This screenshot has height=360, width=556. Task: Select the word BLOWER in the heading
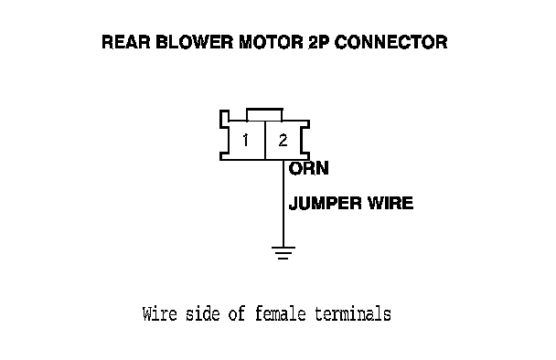pos(194,42)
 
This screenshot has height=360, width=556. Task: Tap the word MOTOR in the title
pos(271,42)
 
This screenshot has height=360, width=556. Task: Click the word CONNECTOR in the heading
pos(391,42)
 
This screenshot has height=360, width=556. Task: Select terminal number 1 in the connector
pos(245,141)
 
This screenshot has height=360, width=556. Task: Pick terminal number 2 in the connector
pos(283,141)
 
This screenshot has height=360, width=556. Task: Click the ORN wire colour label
pos(309,168)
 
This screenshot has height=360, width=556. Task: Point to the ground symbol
pos(283,252)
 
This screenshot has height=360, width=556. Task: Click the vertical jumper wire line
pos(283,204)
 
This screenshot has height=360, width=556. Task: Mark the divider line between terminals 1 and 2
pos(265,141)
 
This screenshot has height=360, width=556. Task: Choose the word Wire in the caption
pos(159,314)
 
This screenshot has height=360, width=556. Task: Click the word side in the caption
pos(202,314)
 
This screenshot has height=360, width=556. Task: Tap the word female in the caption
pos(281,314)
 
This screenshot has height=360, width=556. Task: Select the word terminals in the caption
pos(353,314)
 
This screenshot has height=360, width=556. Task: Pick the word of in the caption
pos(237,314)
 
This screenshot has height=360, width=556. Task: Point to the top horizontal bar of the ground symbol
pos(283,248)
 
